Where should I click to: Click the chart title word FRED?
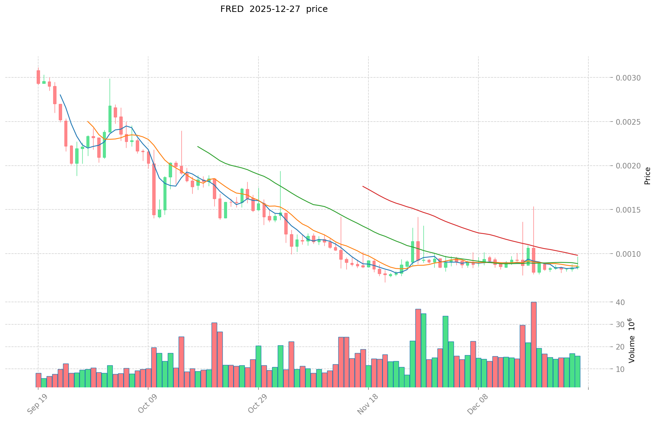coord(232,9)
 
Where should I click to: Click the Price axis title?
coord(647,176)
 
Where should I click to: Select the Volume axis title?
coord(631,340)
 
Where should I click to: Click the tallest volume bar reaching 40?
coord(534,345)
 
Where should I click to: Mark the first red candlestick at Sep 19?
coord(38,77)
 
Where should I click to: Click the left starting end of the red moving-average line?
coord(363,186)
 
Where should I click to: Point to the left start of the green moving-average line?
coord(198,146)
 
